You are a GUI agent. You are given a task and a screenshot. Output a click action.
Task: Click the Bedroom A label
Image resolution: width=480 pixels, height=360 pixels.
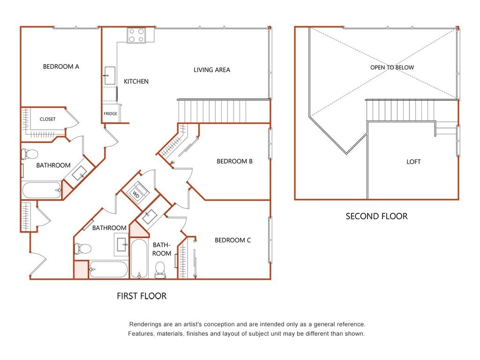click(61, 67)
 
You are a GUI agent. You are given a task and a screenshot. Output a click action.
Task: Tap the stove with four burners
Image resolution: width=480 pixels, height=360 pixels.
click(136, 35)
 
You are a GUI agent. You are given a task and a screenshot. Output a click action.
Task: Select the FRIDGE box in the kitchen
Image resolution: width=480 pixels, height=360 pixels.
click(111, 113)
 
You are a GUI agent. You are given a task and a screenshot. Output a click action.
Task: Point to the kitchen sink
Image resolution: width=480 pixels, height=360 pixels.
click(110, 75)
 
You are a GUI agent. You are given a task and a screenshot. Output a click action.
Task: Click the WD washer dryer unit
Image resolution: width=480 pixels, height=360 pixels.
click(136, 194)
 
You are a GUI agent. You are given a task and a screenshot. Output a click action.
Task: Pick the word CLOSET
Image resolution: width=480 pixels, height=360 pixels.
click(48, 119)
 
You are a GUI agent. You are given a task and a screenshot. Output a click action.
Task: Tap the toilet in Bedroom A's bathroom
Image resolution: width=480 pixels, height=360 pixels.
click(30, 154)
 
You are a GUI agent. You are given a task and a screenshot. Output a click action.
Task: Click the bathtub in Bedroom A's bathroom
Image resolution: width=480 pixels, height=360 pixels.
click(42, 190)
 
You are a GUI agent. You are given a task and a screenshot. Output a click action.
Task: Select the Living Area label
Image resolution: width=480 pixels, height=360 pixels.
click(212, 70)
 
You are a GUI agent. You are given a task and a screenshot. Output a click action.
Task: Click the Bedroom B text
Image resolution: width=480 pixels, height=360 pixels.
click(234, 161)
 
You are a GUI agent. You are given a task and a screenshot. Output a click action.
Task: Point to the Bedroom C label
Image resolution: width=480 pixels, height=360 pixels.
click(232, 240)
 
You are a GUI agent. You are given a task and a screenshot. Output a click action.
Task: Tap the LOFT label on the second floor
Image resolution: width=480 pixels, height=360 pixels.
click(413, 162)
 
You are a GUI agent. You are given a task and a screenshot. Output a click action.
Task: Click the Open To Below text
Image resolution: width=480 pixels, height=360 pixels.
click(392, 67)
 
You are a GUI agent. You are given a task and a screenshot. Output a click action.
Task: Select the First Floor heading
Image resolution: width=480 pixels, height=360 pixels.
click(142, 296)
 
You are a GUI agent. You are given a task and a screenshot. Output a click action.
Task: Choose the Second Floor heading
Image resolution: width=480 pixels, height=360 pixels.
click(376, 217)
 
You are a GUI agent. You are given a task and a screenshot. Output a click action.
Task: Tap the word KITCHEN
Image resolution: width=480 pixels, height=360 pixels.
click(136, 82)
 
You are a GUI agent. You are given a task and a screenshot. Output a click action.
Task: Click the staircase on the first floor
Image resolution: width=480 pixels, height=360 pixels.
click(224, 111)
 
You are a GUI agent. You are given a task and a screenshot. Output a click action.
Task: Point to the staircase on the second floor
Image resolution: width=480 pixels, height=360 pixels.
click(401, 110)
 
